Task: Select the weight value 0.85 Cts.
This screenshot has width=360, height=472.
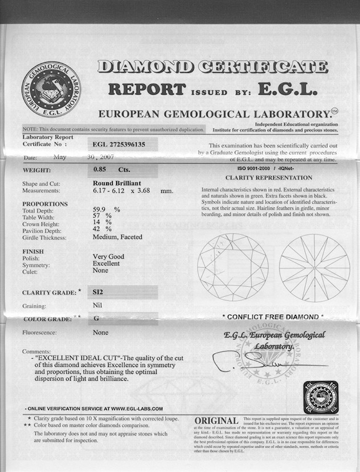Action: point(112,169)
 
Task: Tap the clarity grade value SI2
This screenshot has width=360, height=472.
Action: point(103,291)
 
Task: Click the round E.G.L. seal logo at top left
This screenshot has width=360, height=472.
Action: point(51,90)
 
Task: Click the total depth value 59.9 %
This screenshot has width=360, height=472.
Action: point(107,210)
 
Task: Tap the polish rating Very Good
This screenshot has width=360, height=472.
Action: point(108,257)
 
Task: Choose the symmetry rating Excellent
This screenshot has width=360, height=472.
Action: point(106,263)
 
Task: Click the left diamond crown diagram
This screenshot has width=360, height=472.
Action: point(233,267)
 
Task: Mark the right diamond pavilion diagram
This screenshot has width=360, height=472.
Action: point(314,267)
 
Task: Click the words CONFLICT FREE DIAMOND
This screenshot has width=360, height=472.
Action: point(272,316)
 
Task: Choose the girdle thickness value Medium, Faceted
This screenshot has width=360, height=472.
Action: point(117,237)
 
